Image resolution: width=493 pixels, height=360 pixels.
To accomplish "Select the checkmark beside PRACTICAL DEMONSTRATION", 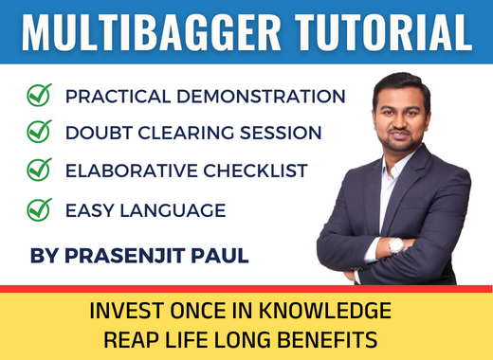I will click(39, 96).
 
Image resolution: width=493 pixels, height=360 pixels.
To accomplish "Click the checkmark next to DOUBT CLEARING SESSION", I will click(39, 133).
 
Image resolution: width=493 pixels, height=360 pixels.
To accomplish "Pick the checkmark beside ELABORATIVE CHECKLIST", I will click(39, 171).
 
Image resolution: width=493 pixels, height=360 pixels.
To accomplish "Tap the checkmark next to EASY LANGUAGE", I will click(39, 208).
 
